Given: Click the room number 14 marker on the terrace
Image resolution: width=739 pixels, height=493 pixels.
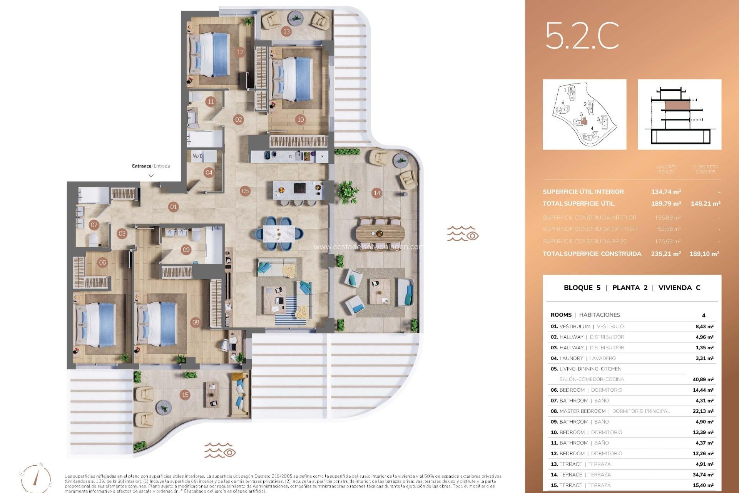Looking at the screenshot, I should point(377,193).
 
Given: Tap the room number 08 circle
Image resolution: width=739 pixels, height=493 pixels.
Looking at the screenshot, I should point(196,322).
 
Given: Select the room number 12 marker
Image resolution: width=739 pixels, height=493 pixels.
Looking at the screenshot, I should point(240,52).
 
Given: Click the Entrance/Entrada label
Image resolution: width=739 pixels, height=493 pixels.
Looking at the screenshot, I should point(151,166).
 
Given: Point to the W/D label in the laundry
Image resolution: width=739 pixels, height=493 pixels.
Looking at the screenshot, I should point(198,156).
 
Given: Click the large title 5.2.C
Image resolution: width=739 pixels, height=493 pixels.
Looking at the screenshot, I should point(582,35).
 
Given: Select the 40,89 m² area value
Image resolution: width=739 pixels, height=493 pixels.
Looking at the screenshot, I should point(703,379).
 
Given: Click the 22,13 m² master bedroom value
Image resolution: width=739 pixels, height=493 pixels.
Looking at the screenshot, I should point(703,411).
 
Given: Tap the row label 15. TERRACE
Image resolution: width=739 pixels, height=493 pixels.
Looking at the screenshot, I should point(566,485).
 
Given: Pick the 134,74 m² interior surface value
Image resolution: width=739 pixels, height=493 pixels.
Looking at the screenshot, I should point(666,192).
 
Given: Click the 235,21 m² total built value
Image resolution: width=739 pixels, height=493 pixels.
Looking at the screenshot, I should point(666,254).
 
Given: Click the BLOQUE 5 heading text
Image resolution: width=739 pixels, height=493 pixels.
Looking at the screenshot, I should point(582,288).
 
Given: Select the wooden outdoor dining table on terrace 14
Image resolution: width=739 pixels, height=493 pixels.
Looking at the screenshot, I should point(380,233).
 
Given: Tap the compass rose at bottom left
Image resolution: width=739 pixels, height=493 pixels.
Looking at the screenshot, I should point(35,478).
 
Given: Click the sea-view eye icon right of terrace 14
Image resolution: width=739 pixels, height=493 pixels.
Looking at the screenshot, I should point(463,234).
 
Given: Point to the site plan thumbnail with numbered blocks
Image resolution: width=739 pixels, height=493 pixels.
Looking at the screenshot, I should point(584,114).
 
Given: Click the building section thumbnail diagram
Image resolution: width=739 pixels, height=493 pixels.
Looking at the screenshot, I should point(679,114).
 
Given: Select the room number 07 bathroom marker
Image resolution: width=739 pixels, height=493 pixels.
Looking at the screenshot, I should point(94,225).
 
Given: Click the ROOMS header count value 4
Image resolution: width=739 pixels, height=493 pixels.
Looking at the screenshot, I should point(704,315).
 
